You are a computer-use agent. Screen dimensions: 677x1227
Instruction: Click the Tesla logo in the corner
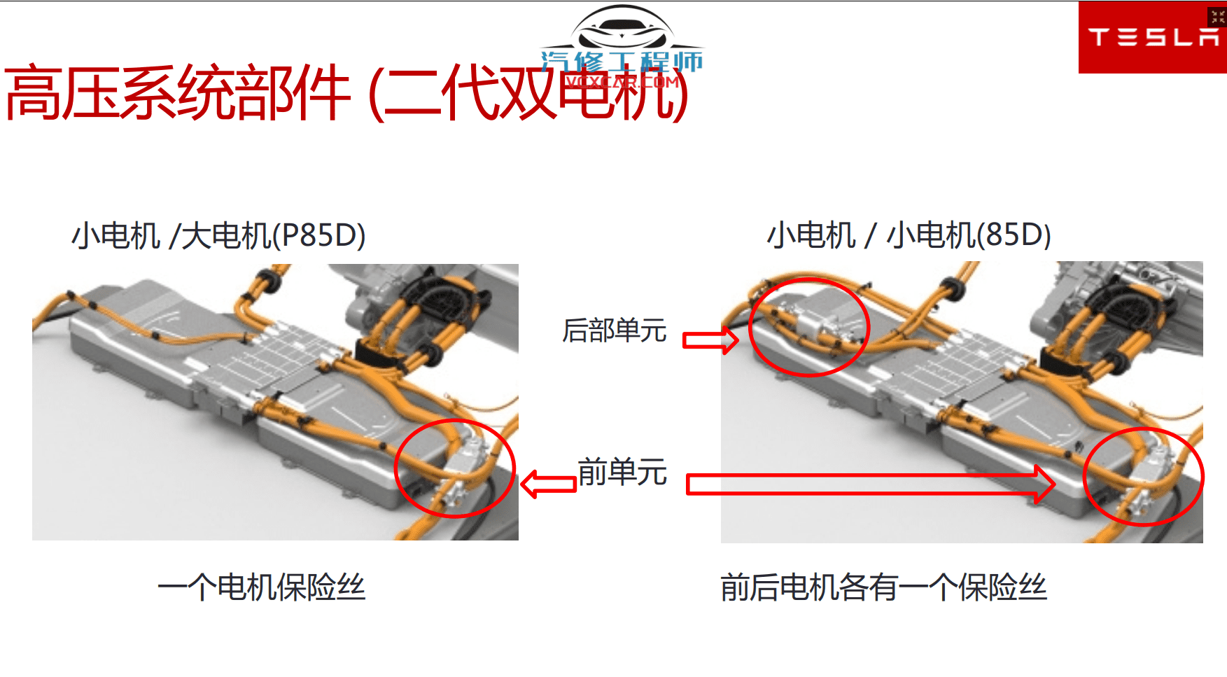(x=1151, y=37)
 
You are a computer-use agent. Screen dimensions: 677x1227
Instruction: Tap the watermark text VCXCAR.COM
(x=622, y=82)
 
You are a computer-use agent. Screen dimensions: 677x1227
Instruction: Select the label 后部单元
(x=614, y=330)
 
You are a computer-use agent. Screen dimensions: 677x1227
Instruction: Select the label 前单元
(x=622, y=472)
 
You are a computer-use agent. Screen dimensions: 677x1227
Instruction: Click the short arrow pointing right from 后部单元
(x=710, y=340)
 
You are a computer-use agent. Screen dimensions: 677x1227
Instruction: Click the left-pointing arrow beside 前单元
(x=548, y=484)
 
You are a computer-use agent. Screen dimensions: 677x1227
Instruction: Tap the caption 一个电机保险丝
(x=261, y=587)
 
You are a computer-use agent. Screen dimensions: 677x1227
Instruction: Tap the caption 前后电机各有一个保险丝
(x=883, y=587)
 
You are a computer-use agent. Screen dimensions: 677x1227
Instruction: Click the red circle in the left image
(x=455, y=468)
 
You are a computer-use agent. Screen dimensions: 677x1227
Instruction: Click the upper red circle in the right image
(x=808, y=327)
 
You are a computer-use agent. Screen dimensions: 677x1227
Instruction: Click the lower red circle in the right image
(x=1143, y=476)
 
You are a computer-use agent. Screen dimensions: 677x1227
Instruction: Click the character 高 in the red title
(x=31, y=92)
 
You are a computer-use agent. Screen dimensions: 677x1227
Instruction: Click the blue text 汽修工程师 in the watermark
(x=622, y=62)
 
